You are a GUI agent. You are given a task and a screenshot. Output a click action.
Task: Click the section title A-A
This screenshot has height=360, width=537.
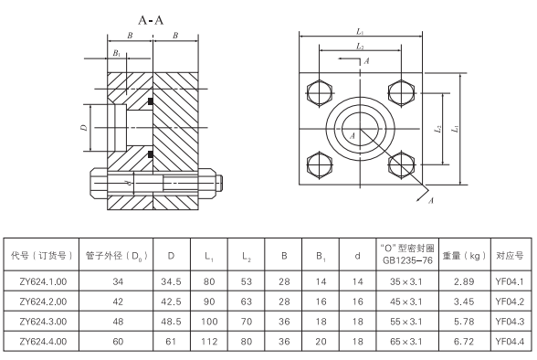(153, 18)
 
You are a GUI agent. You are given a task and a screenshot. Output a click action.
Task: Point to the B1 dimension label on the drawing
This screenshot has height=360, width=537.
(114, 54)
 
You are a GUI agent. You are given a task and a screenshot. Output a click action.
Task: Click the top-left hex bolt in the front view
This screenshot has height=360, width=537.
(319, 91)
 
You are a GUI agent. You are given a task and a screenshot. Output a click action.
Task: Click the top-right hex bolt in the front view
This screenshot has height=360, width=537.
(398, 91)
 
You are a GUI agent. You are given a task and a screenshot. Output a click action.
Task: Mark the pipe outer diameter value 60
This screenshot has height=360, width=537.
(115, 341)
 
